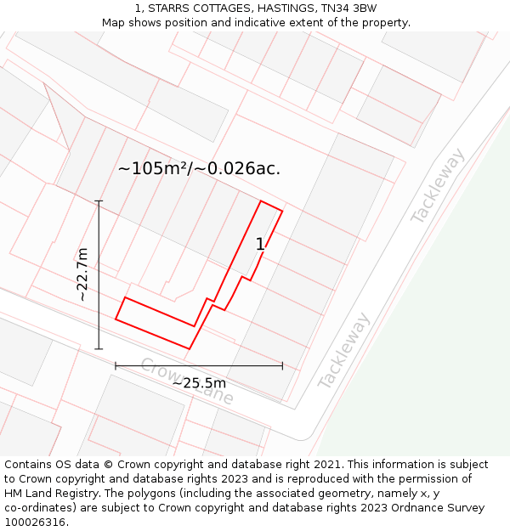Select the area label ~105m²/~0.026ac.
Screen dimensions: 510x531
click(x=199, y=168)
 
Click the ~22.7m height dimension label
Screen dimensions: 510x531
click(x=82, y=274)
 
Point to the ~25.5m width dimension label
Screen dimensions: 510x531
click(x=199, y=382)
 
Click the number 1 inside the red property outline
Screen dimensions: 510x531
click(x=260, y=245)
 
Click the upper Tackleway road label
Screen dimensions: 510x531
click(x=439, y=185)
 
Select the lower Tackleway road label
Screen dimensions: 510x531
click(x=344, y=351)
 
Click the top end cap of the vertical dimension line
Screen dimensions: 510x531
click(x=99, y=201)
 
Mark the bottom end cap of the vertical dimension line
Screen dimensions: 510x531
click(x=99, y=348)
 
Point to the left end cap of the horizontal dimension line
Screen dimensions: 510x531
click(x=116, y=366)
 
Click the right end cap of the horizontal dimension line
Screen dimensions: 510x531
click(x=282, y=366)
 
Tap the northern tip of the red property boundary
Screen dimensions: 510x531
click(x=261, y=201)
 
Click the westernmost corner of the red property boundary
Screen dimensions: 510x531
click(x=116, y=319)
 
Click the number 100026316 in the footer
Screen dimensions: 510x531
click(x=33, y=523)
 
